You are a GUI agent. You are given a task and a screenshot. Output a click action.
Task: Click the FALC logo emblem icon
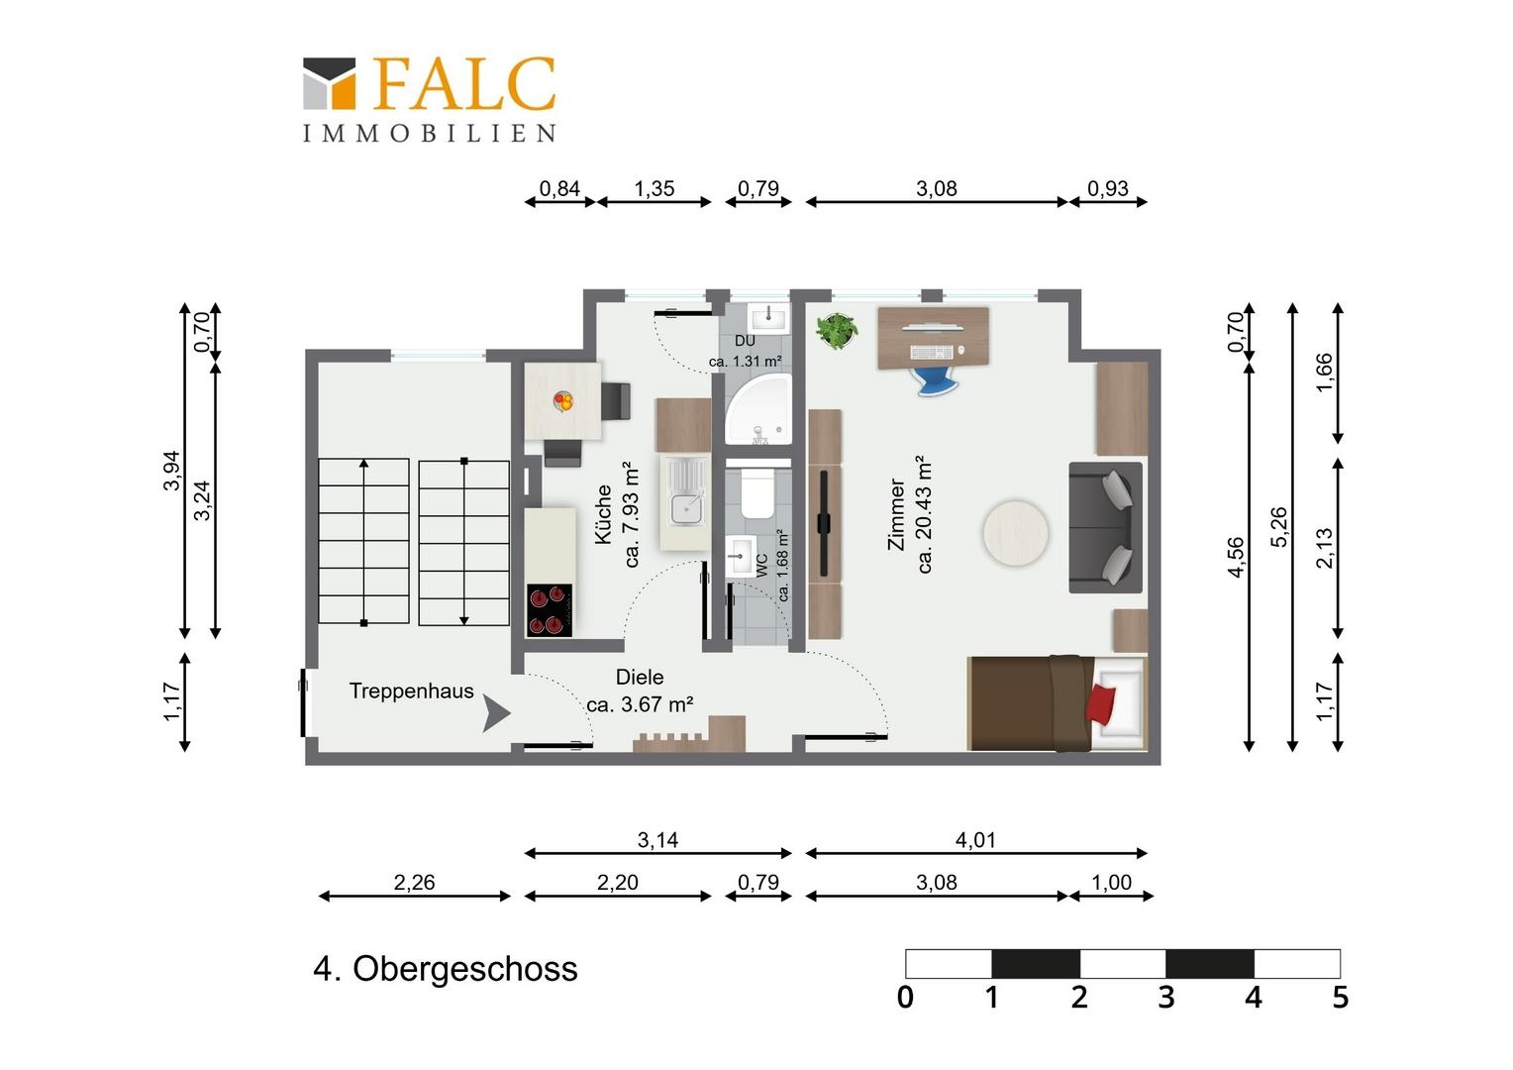pos(329,83)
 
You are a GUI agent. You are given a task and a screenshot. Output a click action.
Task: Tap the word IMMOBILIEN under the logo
pos(430,133)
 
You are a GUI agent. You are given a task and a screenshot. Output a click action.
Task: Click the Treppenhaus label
pos(411,691)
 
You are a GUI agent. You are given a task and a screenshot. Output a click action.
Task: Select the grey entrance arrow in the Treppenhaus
pos(496,713)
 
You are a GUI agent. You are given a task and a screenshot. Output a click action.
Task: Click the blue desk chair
pos(938,380)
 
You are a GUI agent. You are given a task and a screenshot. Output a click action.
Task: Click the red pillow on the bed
pos(1100,704)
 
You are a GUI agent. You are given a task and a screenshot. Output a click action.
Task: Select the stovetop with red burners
pos(550,610)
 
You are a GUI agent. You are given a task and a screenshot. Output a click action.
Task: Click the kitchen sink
pos(685,492)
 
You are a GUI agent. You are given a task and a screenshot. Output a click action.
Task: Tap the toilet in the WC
pos(757,493)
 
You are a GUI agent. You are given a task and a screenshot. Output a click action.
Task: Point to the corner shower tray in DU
pos(757,409)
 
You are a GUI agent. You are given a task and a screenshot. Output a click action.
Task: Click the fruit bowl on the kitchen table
pos(563,401)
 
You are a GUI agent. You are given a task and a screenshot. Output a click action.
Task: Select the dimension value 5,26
pos(1278,526)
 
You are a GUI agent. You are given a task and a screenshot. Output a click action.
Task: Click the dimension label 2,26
pos(414,882)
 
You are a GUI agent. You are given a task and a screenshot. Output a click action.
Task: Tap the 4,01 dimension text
pos(975,839)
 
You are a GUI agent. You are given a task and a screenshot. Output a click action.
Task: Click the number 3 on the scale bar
pos(1166,998)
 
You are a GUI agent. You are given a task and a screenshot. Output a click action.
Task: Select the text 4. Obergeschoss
pos(446,969)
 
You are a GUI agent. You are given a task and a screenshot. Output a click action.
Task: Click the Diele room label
pos(639,677)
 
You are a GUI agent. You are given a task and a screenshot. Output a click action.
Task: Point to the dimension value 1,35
pos(654,188)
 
